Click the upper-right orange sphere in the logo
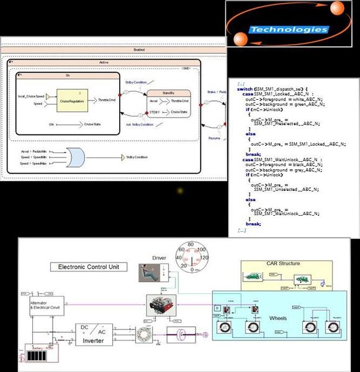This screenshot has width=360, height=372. tap(337, 9)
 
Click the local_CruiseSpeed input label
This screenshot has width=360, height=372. tap(31, 96)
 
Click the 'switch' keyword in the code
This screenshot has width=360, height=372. tap(245, 89)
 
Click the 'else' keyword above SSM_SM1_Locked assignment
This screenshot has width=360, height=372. tap(251, 133)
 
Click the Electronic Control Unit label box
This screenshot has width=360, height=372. tap(89, 267)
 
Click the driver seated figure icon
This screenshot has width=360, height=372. tap(151, 272)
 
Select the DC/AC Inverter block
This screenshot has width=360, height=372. tap(94, 334)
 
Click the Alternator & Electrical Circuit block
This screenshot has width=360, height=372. tap(46, 306)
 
